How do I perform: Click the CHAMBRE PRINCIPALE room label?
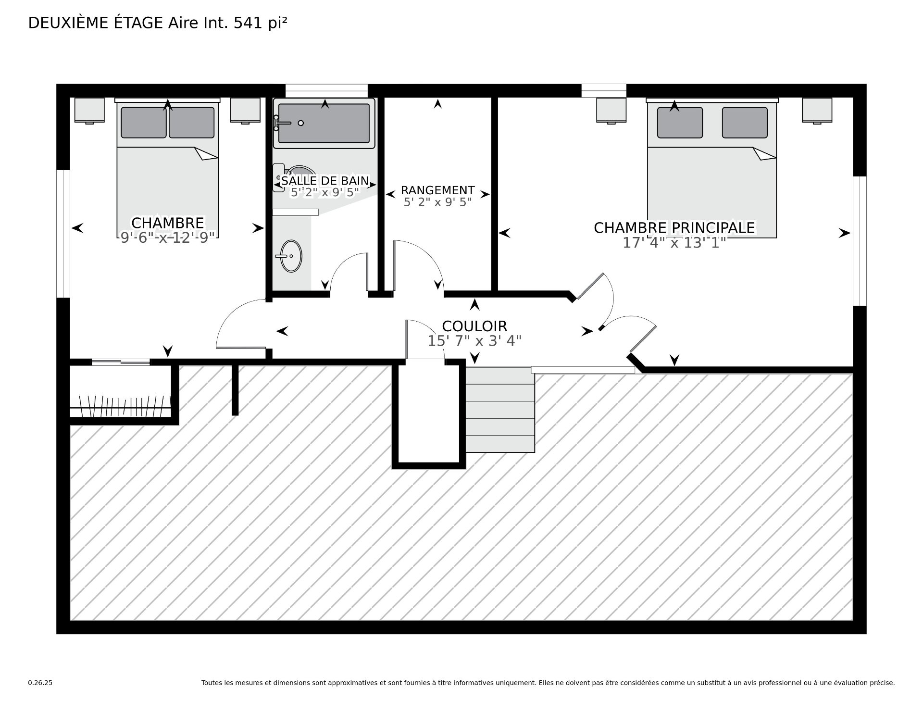674,228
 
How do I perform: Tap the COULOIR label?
474,326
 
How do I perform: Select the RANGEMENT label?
437,190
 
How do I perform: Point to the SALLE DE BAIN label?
325,181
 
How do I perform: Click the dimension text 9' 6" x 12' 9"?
167,238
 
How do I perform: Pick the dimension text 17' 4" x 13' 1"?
674,243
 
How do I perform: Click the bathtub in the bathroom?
324,123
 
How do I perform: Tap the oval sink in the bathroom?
291,256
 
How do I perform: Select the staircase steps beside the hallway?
500,410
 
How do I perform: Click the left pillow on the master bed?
680,123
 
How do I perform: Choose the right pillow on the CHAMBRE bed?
191,123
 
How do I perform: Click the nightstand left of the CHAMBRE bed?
89,111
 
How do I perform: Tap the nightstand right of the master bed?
817,111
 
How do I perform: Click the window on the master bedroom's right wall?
860,241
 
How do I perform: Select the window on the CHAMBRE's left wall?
63,234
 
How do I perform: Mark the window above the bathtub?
326,91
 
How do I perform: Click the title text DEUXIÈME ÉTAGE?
96,23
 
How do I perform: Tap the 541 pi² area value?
261,23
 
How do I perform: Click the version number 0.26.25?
40,683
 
